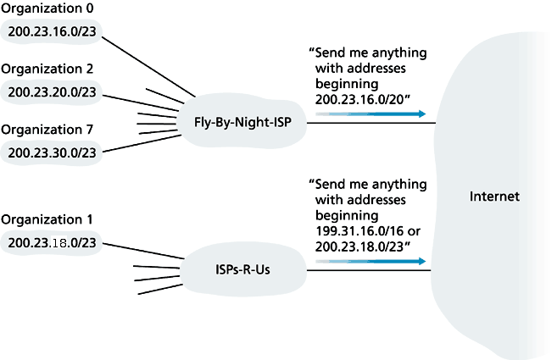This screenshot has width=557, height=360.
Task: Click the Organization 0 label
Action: (47, 11)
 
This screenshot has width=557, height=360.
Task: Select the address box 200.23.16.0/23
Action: (53, 32)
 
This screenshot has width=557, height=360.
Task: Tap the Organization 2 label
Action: (47, 69)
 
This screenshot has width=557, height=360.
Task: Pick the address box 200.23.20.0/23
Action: (53, 91)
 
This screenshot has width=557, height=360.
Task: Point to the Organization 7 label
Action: (47, 129)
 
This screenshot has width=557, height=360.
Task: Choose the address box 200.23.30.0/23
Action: (53, 152)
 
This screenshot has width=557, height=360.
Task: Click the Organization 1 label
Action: (47, 218)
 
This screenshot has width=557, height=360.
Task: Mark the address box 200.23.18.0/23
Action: (53, 241)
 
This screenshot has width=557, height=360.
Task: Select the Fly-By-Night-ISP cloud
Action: (241, 122)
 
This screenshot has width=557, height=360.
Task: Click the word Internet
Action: (494, 197)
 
